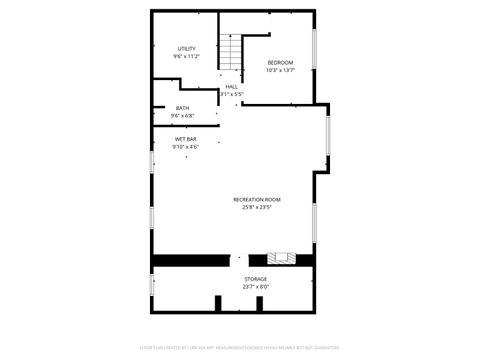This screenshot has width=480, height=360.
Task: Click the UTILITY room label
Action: click(187, 48)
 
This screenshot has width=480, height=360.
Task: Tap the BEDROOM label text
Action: click(280, 63)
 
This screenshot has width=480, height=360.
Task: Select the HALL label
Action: click(231, 87)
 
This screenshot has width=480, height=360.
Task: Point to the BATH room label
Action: click(182, 108)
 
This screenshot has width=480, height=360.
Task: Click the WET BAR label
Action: click(185, 139)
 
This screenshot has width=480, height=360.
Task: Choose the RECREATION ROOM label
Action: click(257, 200)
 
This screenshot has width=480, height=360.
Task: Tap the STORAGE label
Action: click(256, 279)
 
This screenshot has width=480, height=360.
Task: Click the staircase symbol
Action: click(233, 52)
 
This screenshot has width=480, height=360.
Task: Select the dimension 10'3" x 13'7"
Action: click(280, 70)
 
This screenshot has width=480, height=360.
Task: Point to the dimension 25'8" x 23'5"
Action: click(257, 208)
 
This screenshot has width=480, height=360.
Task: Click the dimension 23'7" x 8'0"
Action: click(256, 287)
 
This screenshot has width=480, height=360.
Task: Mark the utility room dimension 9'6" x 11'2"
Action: click(187, 56)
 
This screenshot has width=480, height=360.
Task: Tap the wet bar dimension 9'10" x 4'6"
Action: click(185, 147)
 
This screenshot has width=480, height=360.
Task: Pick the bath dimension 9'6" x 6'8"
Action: click(182, 115)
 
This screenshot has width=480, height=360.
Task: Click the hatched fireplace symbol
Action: click(287, 260)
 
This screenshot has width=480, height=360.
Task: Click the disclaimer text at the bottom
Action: click(239, 348)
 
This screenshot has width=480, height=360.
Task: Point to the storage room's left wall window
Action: click(152, 284)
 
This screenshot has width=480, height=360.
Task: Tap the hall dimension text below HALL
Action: click(231, 94)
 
